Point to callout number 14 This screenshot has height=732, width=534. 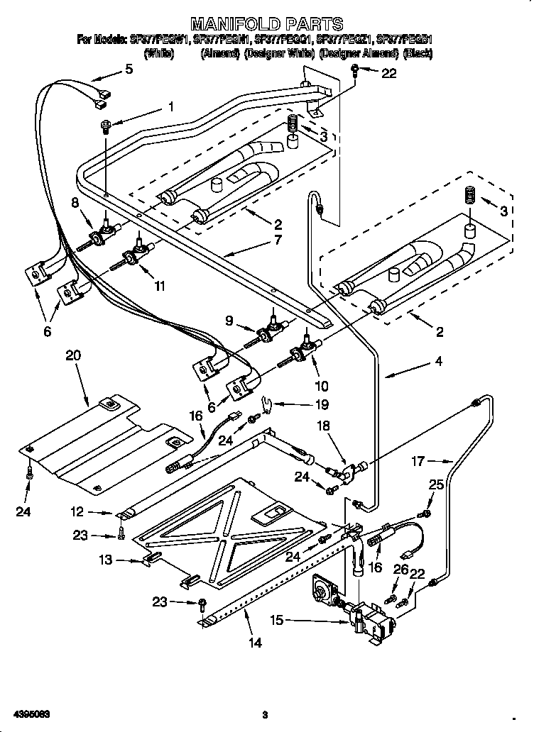pos(255,643)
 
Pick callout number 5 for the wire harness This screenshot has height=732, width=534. pos(129,69)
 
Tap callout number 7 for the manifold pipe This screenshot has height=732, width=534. pos(276,240)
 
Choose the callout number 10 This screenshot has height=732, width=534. pos(321,386)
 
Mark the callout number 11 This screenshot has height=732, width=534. pos(160,286)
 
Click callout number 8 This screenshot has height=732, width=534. pos(75,203)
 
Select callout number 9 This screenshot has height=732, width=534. pos(230,321)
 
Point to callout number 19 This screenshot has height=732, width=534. pos(322,405)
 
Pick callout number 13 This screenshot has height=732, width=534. pos(105,560)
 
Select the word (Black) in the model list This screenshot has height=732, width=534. pos(418,53)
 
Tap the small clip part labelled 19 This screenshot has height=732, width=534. pos(266,404)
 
